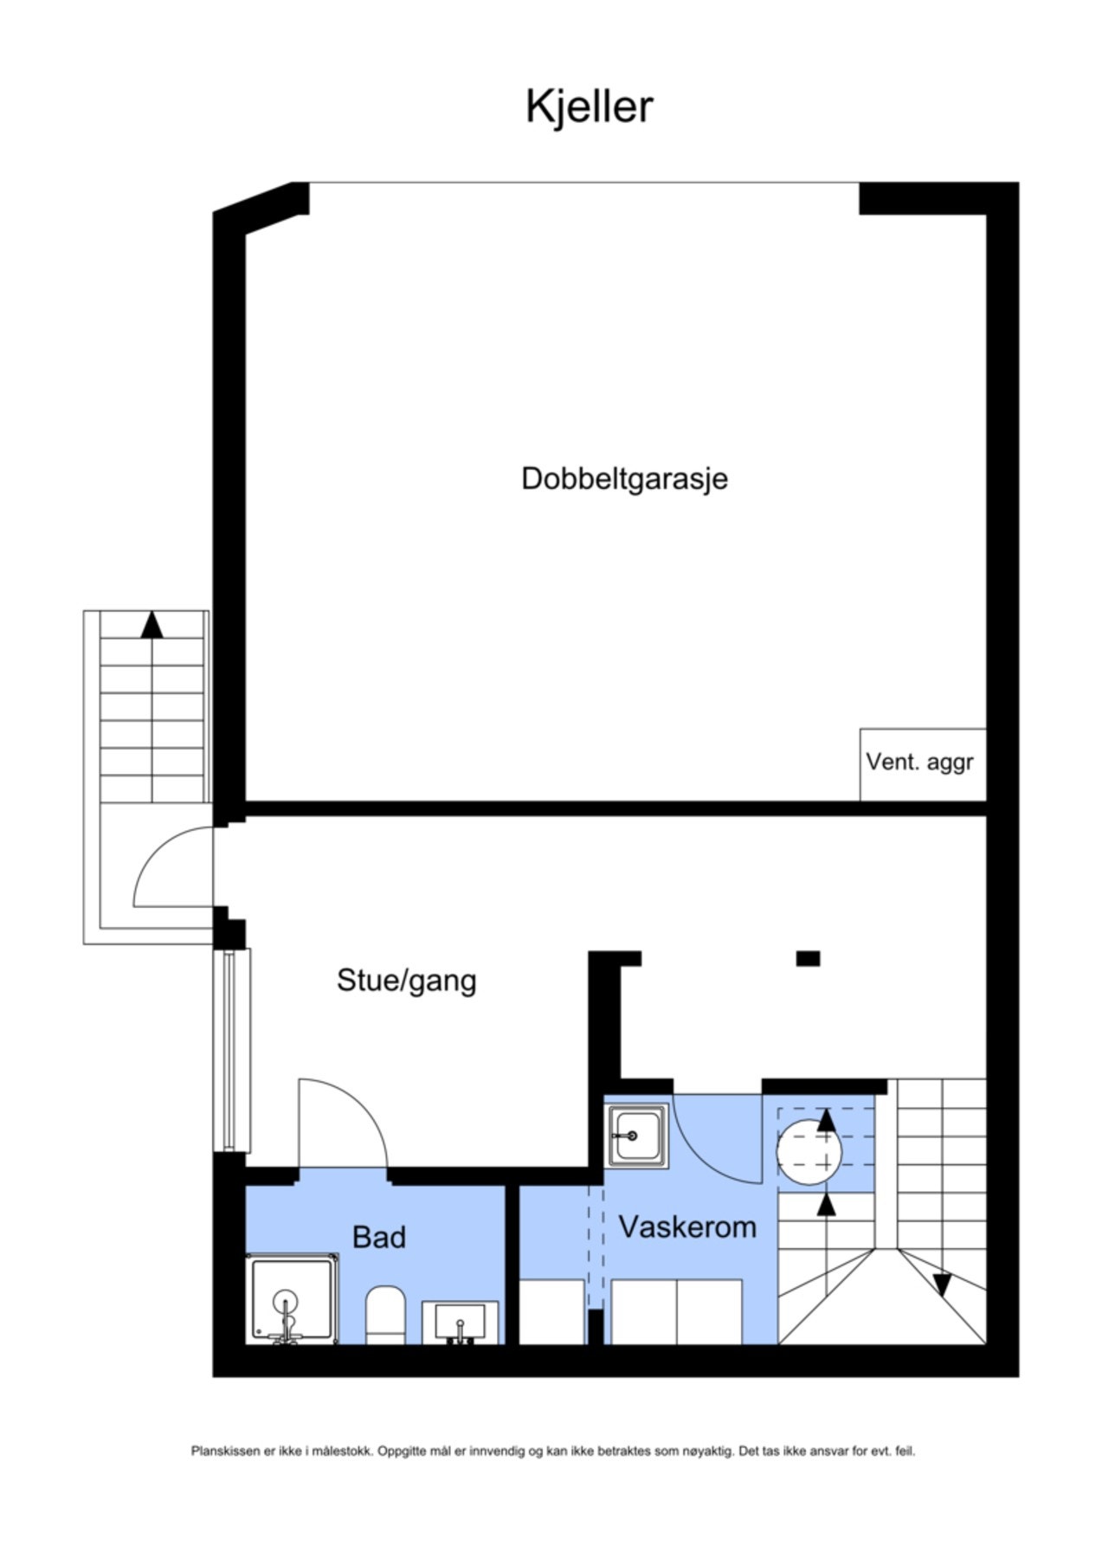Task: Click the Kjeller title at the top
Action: click(x=589, y=107)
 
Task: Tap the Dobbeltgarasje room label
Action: click(x=624, y=479)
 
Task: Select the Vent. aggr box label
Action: click(x=919, y=762)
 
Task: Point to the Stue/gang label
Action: click(x=406, y=981)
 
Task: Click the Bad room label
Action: click(x=378, y=1237)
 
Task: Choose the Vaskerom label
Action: click(x=687, y=1226)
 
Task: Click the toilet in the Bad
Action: click(x=385, y=1315)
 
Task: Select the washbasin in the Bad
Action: click(x=460, y=1322)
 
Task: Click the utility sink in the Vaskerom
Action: click(x=636, y=1135)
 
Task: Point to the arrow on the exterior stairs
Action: click(x=152, y=625)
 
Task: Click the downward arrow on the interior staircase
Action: click(x=942, y=1284)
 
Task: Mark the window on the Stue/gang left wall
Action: click(x=230, y=1050)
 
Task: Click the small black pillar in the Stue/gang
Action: click(x=808, y=958)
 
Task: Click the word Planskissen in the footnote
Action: click(x=225, y=1451)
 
